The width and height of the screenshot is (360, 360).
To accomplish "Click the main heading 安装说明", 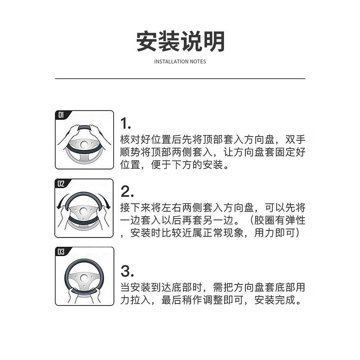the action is click(180, 41).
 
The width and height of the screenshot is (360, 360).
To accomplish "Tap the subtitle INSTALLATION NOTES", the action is click(180, 62).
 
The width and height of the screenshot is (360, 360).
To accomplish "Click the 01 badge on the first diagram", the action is click(61, 115).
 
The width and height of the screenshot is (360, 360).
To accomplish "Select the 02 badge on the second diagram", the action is click(61, 184).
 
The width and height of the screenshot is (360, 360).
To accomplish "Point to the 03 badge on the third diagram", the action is click(61, 252).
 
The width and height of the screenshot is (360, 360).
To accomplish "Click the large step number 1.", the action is click(126, 123).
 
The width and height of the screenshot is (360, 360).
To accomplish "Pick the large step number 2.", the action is click(127, 192).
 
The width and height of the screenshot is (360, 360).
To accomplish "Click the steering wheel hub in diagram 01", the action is click(84, 144).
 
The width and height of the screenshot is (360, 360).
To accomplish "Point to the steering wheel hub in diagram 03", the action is click(84, 278).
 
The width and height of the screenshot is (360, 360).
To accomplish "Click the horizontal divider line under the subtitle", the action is click(180, 78).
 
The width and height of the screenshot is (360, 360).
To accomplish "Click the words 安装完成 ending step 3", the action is click(275, 300).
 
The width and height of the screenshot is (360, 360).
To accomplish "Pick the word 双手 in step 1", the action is click(295, 140).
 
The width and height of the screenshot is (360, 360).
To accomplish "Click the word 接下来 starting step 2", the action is click(135, 208).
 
